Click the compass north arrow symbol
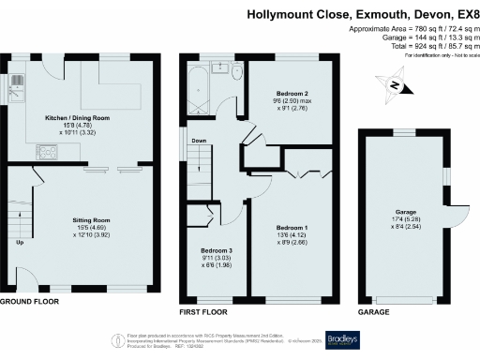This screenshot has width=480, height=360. (396, 86)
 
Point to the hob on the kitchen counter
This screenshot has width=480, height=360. (46, 150)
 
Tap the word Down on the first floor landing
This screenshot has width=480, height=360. (199, 142)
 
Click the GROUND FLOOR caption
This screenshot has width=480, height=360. (29, 302)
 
